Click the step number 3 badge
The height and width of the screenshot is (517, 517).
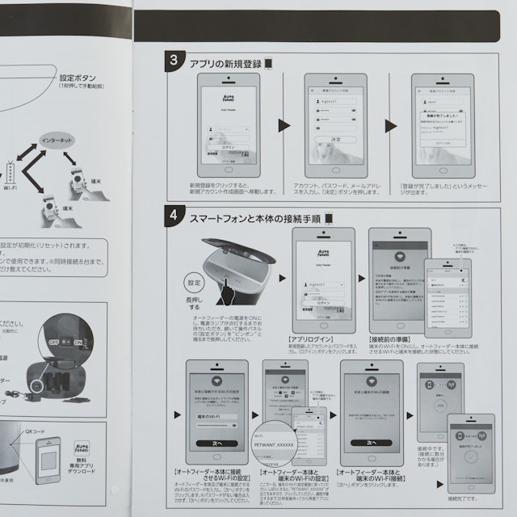(174, 61)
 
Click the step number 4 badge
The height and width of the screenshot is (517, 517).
(174, 216)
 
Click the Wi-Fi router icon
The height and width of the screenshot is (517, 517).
(11, 174)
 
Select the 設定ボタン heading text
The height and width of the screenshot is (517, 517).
(81, 78)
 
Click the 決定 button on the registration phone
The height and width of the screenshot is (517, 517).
(336, 140)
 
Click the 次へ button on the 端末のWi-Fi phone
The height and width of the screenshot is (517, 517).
(371, 443)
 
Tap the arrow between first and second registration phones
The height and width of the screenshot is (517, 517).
(284, 125)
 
